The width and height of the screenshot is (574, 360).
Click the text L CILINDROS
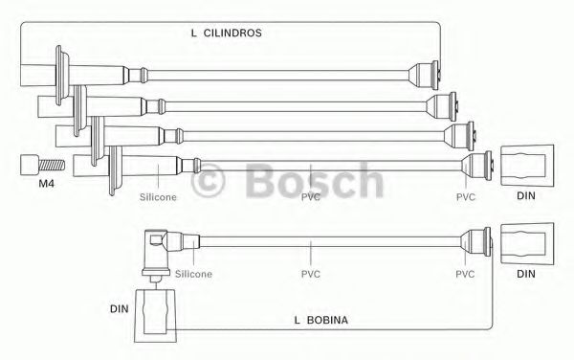pyautogui.click(x=226, y=33)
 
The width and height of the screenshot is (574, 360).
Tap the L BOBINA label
pyautogui.click(x=321, y=320)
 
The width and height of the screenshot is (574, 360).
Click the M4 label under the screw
pyautogui.click(x=47, y=184)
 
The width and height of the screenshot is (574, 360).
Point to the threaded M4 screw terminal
pyautogui.click(x=42, y=166)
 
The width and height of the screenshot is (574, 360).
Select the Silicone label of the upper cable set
pyautogui.click(x=158, y=197)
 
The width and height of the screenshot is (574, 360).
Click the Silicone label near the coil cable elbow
pyautogui.click(x=193, y=274)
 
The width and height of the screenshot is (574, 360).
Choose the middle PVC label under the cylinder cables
pyautogui.click(x=311, y=197)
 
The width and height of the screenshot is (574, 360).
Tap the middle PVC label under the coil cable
pyautogui.click(x=311, y=274)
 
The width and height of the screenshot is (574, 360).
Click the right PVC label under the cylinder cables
pyautogui.click(x=466, y=197)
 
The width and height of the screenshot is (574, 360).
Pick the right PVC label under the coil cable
pyautogui.click(x=465, y=274)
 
